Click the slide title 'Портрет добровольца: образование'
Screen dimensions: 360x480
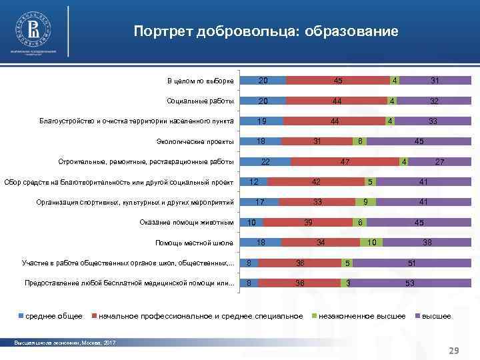[x=265, y=31]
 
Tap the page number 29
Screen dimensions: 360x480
[x=455, y=350]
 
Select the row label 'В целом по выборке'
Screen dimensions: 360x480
[x=200, y=81]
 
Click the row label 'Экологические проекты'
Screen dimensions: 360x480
[x=195, y=141]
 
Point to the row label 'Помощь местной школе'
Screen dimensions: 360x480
[x=194, y=243]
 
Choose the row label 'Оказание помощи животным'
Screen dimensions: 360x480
[x=187, y=222]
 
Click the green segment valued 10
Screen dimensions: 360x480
[x=372, y=243]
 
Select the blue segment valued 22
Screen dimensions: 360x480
[x=265, y=162]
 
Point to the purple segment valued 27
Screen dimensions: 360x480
[x=439, y=162]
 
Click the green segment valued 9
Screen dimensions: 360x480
[x=365, y=202]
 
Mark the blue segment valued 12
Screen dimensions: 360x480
[x=254, y=182]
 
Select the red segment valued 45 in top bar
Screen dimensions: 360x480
[x=338, y=81]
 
